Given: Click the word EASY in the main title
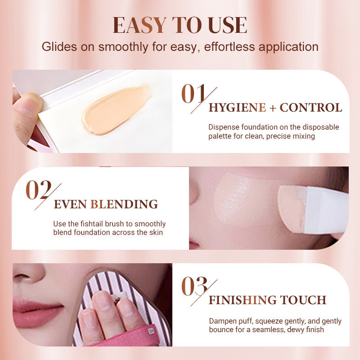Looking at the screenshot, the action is [139, 25].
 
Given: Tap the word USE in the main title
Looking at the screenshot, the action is [227, 25].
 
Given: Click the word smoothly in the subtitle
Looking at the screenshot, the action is [123, 47].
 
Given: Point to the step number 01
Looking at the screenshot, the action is [193, 94].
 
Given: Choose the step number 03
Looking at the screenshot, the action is [194, 286].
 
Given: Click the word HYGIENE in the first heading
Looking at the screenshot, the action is [238, 108].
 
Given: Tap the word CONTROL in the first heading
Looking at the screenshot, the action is [311, 108].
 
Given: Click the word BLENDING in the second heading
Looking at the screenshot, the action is [124, 204].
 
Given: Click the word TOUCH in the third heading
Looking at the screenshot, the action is [303, 300].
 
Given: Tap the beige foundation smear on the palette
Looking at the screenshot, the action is [117, 110].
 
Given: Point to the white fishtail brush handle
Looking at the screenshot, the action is [326, 210].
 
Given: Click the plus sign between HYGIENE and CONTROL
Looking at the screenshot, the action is [273, 108].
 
